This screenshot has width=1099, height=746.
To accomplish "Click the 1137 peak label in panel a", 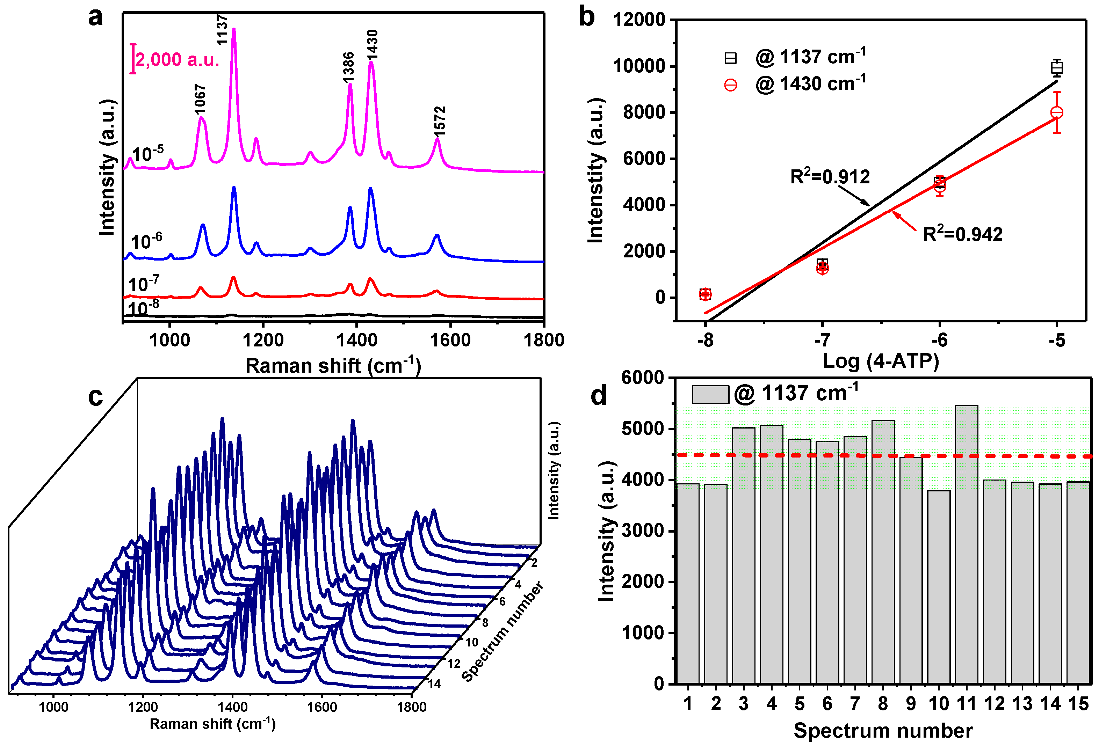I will click(222, 29).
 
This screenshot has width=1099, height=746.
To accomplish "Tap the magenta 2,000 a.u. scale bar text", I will click(177, 60).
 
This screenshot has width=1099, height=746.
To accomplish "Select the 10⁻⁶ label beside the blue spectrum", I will click(146, 241).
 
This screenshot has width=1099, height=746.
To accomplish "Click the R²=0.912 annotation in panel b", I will click(830, 176).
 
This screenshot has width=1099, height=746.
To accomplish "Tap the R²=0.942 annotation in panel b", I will click(962, 234).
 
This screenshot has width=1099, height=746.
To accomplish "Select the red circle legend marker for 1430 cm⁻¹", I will click(731, 85).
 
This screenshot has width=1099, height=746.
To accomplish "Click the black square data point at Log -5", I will click(1056, 68).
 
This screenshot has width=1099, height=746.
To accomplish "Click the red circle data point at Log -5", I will click(1056, 112).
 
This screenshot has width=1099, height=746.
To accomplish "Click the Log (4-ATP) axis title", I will click(881, 361).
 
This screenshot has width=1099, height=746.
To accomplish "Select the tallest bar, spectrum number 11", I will click(966, 544).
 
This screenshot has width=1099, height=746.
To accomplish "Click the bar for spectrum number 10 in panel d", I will click(938, 586).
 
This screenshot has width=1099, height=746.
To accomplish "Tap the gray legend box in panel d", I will click(710, 394).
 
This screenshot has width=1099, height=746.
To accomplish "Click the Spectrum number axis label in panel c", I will click(502, 632).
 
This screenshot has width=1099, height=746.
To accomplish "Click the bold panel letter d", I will click(598, 395).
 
